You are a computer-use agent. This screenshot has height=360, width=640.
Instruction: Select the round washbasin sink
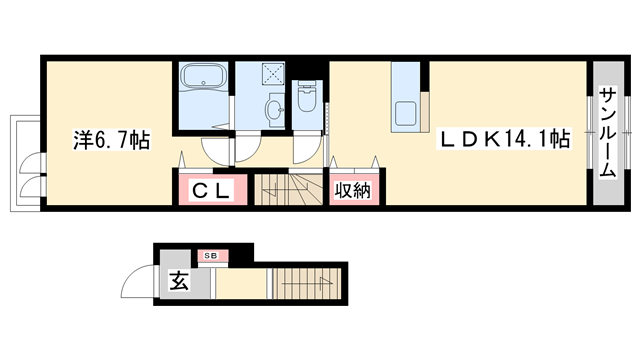[273, 109]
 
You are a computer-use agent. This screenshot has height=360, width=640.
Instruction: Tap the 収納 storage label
[351, 189]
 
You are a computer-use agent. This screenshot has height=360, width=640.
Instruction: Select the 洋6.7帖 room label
[110, 141]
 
